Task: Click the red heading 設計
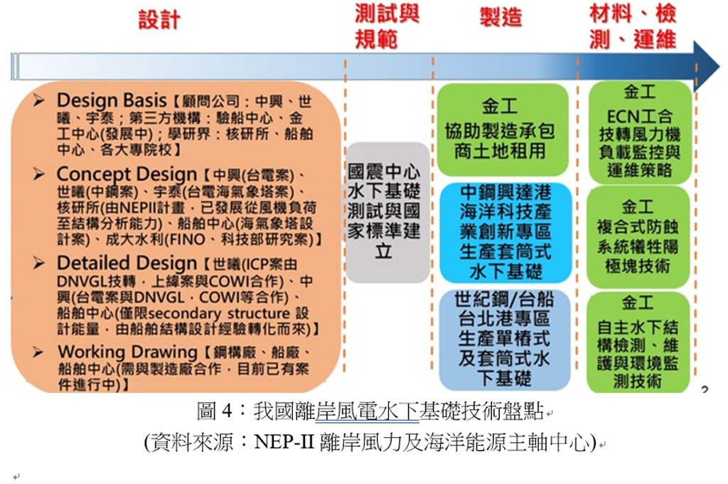pyautogui.click(x=159, y=19)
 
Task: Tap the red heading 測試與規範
pyautogui.click(x=387, y=26)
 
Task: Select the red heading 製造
pyautogui.click(x=501, y=18)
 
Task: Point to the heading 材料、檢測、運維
pyautogui.click(x=633, y=26)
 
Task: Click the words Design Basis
pyautogui.click(x=112, y=100)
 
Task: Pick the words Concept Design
pyautogui.click(x=127, y=174)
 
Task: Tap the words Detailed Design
pyautogui.click(x=127, y=263)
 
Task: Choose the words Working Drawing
pyautogui.click(x=128, y=352)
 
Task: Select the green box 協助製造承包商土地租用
pyautogui.click(x=503, y=130)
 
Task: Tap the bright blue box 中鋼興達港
pyautogui.click(x=505, y=233)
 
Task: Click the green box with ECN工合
pyautogui.click(x=640, y=132)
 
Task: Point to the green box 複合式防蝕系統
pyautogui.click(x=638, y=237)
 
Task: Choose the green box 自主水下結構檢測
pyautogui.click(x=638, y=342)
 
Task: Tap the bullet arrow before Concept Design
pyautogui.click(x=39, y=174)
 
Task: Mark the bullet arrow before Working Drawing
pyautogui.click(x=38, y=352)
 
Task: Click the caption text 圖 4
pyautogui.click(x=214, y=411)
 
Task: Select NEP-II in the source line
pyautogui.click(x=284, y=442)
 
